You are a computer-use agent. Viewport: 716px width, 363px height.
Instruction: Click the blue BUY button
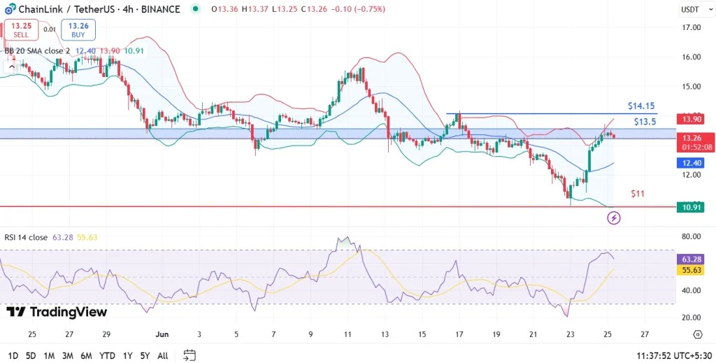(x=78, y=29)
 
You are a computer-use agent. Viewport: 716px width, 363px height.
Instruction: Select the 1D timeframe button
(x=13, y=355)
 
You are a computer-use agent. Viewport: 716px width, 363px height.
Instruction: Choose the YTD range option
(x=107, y=355)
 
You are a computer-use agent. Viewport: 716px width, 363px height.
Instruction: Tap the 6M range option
(x=86, y=355)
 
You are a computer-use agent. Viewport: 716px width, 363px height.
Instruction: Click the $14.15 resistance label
(x=641, y=106)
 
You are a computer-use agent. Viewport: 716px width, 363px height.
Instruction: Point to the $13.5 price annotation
(x=645, y=122)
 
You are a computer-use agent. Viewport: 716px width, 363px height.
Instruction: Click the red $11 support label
(x=638, y=193)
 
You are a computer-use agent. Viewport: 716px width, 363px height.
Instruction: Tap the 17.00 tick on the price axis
(x=691, y=27)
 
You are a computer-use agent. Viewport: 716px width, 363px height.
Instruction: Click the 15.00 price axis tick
(x=691, y=87)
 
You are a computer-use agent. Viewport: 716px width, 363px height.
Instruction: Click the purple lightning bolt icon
(x=614, y=218)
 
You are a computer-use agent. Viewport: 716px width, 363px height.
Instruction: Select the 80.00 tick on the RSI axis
(x=691, y=236)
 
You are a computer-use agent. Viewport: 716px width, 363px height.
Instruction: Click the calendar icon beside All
(x=189, y=355)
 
